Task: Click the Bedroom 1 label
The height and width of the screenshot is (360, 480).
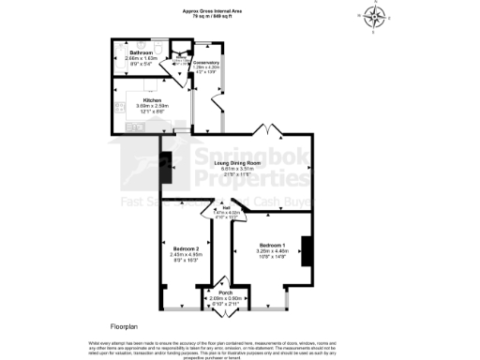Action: click(x=262, y=246)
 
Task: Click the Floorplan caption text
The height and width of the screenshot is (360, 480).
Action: click(x=124, y=326)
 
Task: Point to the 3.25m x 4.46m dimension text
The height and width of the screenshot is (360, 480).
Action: click(x=262, y=252)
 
